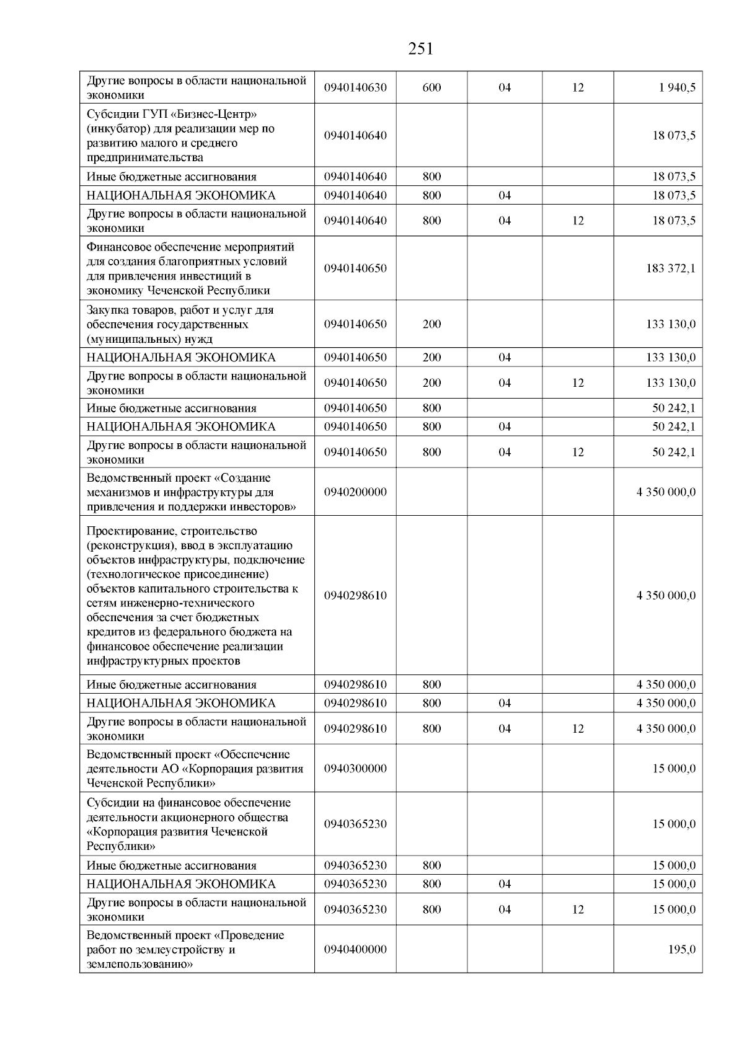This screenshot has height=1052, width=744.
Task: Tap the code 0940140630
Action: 355,88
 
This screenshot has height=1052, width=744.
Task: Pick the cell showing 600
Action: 432,88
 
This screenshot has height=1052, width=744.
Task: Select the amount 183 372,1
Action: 671,268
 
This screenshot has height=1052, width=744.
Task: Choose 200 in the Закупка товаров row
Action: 432,324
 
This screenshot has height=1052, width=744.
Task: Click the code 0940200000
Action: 355,492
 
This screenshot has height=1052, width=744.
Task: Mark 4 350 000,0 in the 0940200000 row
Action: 666,492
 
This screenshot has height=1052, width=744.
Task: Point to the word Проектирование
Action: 127,531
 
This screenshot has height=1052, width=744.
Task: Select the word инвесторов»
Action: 263,506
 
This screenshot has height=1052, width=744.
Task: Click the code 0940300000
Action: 355,769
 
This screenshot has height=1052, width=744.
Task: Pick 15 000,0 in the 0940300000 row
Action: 674,769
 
